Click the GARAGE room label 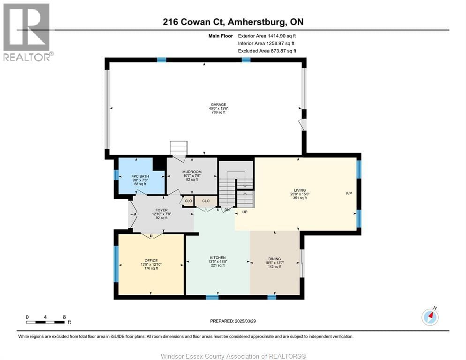pyautogui.click(x=218, y=105)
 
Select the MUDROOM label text pyautogui.click(x=192, y=172)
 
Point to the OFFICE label pyautogui.click(x=151, y=261)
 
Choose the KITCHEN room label pyautogui.click(x=218, y=257)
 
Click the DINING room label pyautogui.click(x=275, y=259)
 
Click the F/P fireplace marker pyautogui.click(x=349, y=193)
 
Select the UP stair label pyautogui.click(x=245, y=212)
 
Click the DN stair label pyautogui.click(x=227, y=210)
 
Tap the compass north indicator pyautogui.click(x=430, y=317)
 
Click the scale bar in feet pyautogui.click(x=45, y=322)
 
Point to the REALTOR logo pyautogui.click(x=27, y=31)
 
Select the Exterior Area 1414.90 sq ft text pyautogui.click(x=267, y=35)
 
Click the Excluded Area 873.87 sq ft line pyautogui.click(x=267, y=51)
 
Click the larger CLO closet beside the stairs pyautogui.click(x=206, y=201)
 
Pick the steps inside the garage pyautogui.click(x=178, y=147)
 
